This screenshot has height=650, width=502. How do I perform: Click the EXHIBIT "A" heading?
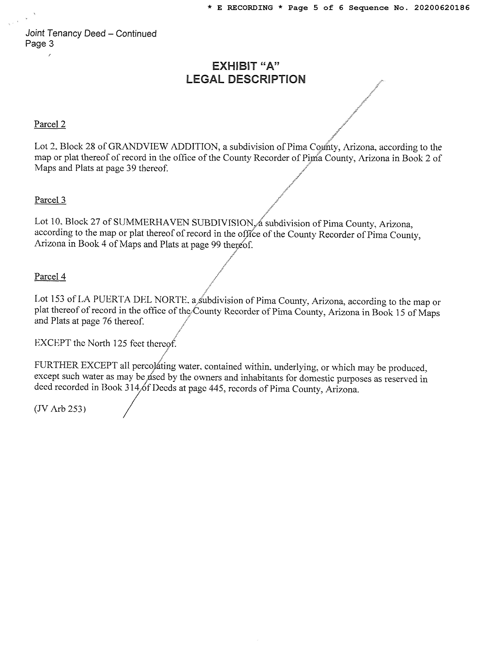click(x=246, y=66)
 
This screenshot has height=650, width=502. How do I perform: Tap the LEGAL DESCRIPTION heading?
click(x=246, y=79)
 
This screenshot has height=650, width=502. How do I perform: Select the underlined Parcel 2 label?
click(x=50, y=124)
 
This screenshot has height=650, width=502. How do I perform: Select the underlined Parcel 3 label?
click(x=50, y=200)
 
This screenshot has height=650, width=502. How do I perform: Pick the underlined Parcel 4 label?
click(x=50, y=277)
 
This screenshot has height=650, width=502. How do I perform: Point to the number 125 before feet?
click(x=120, y=343)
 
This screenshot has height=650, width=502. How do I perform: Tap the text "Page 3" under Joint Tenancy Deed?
click(x=40, y=44)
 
